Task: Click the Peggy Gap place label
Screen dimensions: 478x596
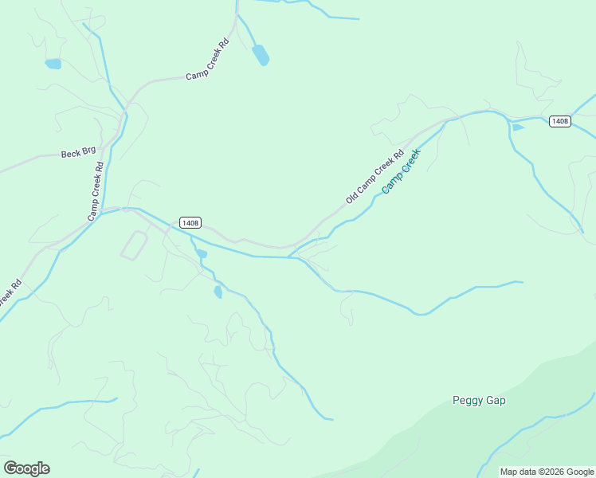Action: click(478, 401)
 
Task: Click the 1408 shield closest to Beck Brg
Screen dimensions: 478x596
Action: click(190, 223)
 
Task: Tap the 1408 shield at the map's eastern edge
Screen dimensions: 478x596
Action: click(560, 121)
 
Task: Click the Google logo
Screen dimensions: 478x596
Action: click(26, 468)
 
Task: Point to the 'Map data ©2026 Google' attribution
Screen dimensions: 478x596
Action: click(547, 472)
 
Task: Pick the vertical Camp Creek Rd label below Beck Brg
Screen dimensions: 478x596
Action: click(96, 191)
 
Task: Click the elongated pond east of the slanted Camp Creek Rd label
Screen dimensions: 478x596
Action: click(261, 55)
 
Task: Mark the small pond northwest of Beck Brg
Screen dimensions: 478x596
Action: click(53, 64)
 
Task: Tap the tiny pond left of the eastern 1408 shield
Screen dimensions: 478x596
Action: click(518, 127)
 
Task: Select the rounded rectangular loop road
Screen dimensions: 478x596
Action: click(134, 245)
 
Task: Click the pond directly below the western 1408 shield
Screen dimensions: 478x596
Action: click(202, 254)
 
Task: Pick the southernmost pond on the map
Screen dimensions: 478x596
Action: click(218, 292)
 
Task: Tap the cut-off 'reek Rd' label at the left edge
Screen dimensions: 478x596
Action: click(9, 292)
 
